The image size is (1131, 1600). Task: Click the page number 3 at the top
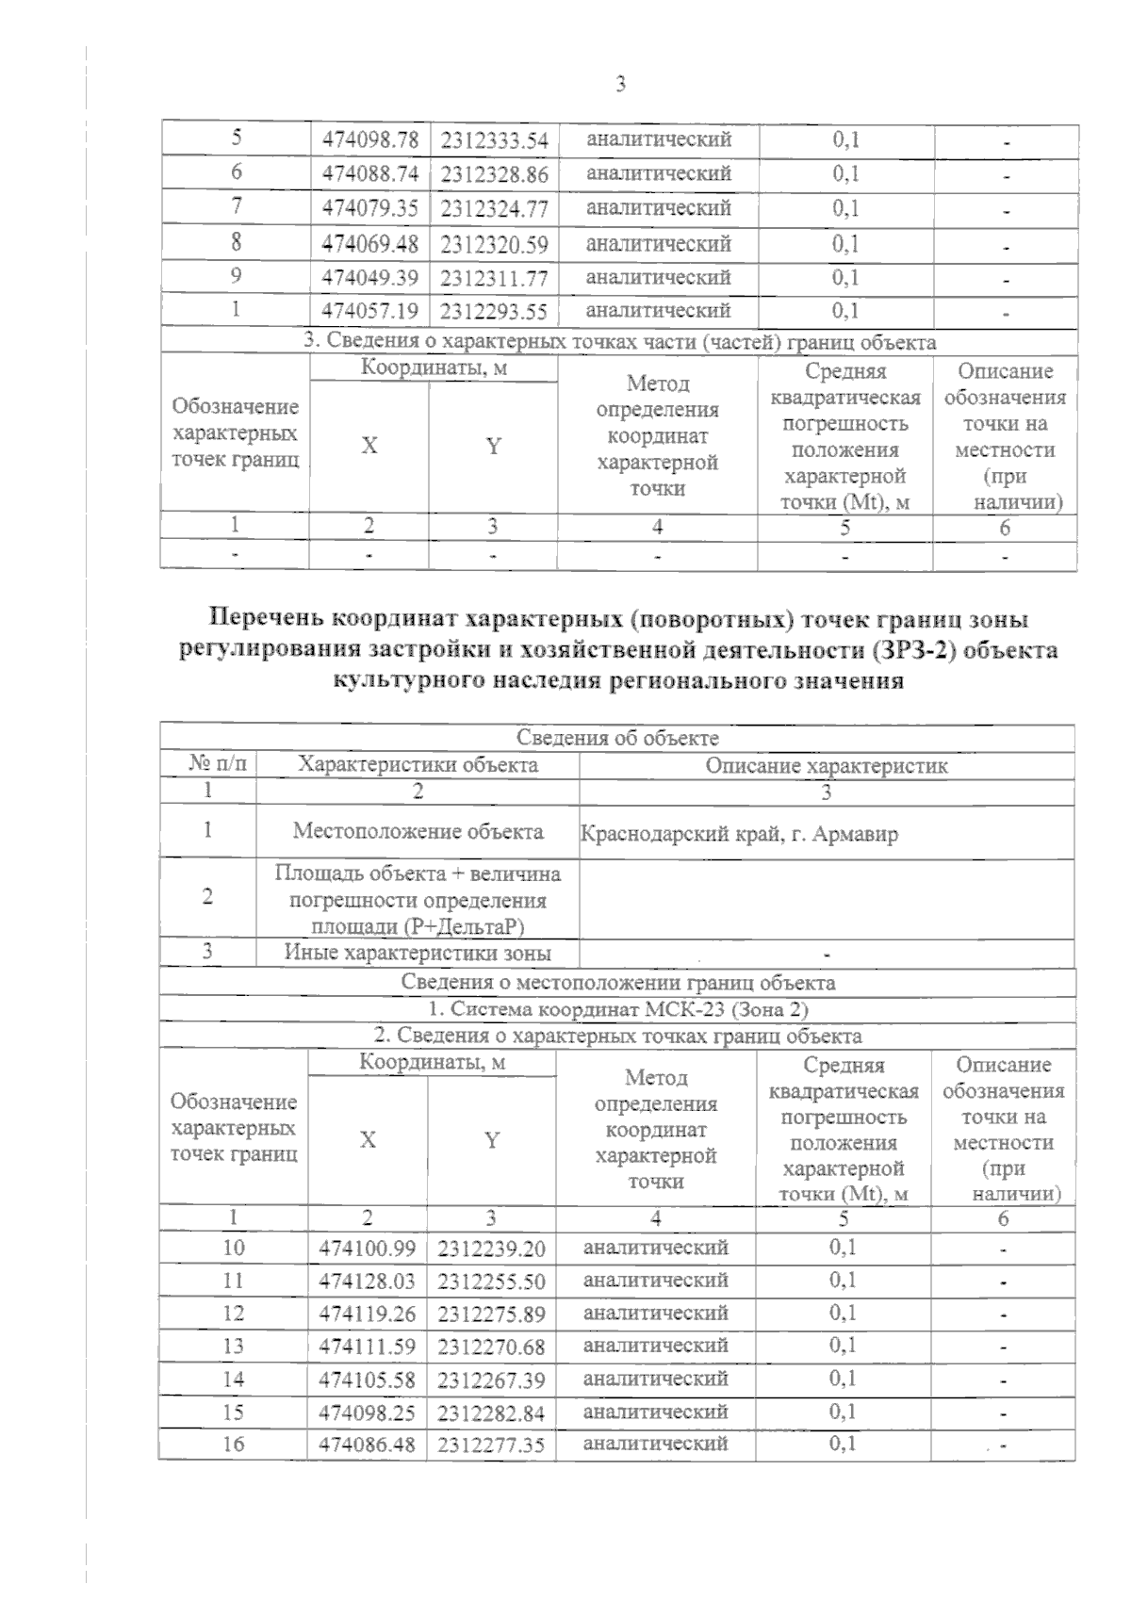(620, 85)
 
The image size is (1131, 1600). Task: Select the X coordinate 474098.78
(369, 141)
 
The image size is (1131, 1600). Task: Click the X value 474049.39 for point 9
(369, 278)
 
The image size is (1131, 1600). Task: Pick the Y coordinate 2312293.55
(493, 312)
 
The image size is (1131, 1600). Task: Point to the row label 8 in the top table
(235, 243)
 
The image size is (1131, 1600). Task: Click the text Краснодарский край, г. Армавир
(739, 834)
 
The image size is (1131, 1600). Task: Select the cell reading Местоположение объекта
(418, 831)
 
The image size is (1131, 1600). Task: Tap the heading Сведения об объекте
(617, 738)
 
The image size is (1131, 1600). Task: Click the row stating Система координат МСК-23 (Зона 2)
(617, 1009)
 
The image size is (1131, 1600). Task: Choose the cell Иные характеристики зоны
(418, 953)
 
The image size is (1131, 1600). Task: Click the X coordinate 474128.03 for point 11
(368, 1282)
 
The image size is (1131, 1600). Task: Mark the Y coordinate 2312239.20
(491, 1249)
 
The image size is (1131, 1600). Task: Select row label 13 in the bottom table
(233, 1347)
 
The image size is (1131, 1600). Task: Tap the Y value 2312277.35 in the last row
(491, 1445)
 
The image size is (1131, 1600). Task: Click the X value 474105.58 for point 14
(368, 1380)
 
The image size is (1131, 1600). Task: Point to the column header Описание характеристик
(826, 765)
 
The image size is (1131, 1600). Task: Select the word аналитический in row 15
(655, 1412)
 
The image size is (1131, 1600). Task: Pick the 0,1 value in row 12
(843, 1313)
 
